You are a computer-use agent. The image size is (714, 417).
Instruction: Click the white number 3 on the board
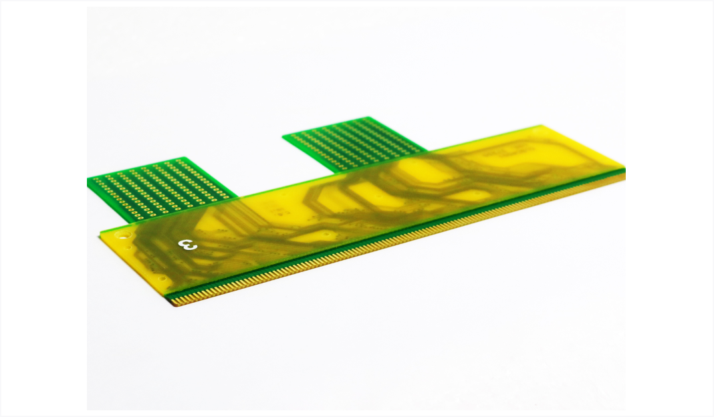[188, 245]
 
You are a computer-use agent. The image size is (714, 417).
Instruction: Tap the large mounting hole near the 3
[122, 236]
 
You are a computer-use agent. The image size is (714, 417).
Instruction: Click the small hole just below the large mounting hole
[129, 248]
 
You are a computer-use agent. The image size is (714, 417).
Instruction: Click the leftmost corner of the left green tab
[88, 182]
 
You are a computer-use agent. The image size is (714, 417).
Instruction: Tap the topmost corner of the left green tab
[184, 158]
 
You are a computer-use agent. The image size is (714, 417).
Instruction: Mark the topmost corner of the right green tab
[367, 118]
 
